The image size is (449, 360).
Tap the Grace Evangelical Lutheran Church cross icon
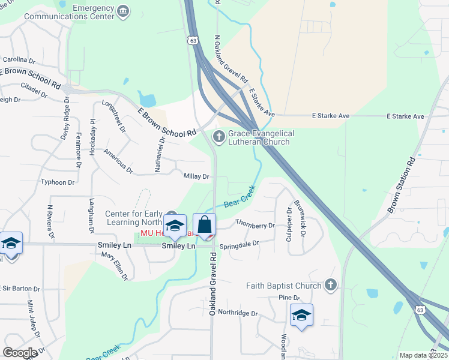tap(219, 137)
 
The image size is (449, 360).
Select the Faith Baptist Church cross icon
tap(330, 286)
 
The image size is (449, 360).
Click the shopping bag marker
tap(204, 226)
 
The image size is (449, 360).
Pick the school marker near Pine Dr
tap(301, 315)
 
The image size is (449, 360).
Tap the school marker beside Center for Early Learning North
tap(175, 226)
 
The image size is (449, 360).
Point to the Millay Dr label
tap(196, 176)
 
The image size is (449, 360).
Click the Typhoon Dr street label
tap(58, 182)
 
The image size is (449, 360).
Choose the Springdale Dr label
tap(239, 244)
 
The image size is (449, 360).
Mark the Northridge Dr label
tap(237, 313)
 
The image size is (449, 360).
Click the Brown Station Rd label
tap(402, 186)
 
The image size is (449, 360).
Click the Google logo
tap(20, 353)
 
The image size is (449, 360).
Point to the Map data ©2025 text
tap(423, 355)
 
